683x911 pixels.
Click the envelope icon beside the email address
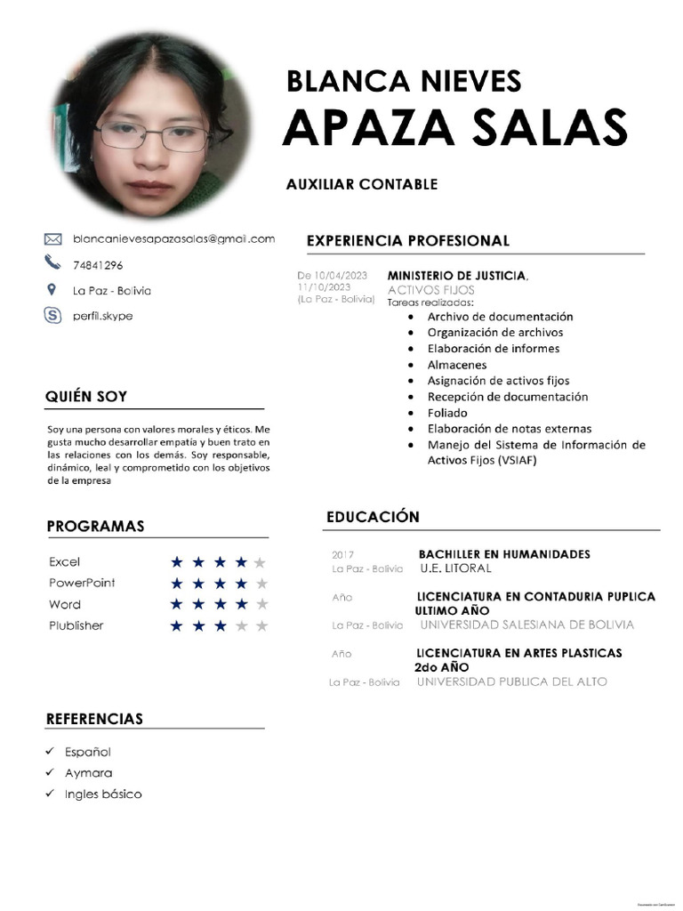point(52,238)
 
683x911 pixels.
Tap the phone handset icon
point(52,262)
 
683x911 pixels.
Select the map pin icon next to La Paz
point(52,289)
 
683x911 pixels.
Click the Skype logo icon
point(52,314)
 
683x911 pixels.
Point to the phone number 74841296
point(98,265)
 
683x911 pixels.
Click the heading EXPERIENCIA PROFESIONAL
point(407,240)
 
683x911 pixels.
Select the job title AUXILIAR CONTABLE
point(361,184)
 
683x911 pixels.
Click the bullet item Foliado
point(446,413)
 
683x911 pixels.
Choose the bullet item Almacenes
point(456,365)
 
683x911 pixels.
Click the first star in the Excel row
point(177,562)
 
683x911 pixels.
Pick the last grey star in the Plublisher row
point(261,626)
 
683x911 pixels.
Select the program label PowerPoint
point(82,583)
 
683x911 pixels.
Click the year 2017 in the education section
point(342,555)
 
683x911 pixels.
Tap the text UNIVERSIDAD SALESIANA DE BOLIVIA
point(526,625)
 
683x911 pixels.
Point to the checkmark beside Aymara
point(51,773)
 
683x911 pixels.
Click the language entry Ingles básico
point(102,794)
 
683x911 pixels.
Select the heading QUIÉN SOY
point(86,397)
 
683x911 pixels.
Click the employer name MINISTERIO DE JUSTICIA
point(456,276)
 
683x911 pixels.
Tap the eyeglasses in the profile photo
point(152,135)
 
